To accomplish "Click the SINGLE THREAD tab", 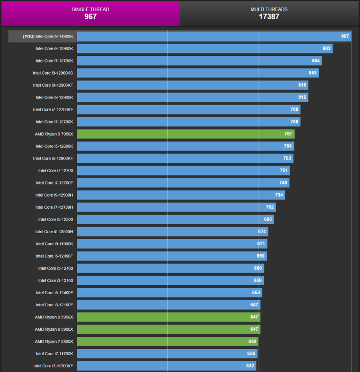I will pyautogui.click(x=90, y=13).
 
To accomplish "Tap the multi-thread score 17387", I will pyautogui.click(x=269, y=17).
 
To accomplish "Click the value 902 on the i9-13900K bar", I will pyautogui.click(x=327, y=48).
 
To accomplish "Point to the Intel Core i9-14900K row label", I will pyautogui.click(x=48, y=36).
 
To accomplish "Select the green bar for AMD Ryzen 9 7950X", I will pyautogui.click(x=186, y=134).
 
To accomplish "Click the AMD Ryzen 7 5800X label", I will pyautogui.click(x=53, y=341).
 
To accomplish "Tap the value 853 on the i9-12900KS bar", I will pyautogui.click(x=313, y=73).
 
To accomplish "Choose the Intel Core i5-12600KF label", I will pyautogui.click(x=53, y=158).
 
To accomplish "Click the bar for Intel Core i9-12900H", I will pyautogui.click(x=181, y=195).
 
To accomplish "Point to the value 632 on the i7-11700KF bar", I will pyautogui.click(x=250, y=365).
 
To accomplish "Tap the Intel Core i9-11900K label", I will pyautogui.click(x=54, y=243).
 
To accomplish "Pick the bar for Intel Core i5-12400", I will pyautogui.click(x=170, y=268).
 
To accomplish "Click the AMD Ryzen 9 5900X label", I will pyautogui.click(x=53, y=329).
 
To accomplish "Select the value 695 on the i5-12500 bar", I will pyautogui.click(x=268, y=219).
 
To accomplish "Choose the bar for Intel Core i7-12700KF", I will pyautogui.click(x=188, y=109).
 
